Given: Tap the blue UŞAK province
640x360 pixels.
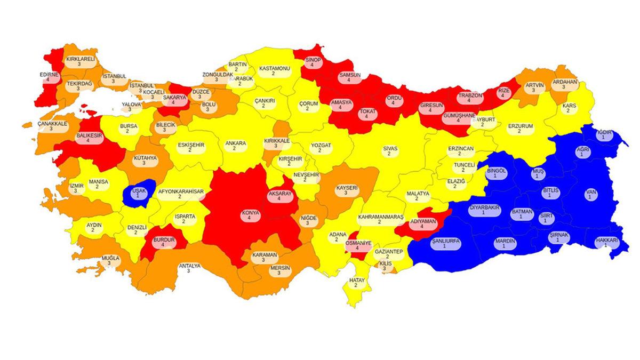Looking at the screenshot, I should point(138,193).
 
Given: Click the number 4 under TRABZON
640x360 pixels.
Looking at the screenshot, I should point(469,100).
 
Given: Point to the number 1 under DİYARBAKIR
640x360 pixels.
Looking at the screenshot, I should point(484,213).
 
